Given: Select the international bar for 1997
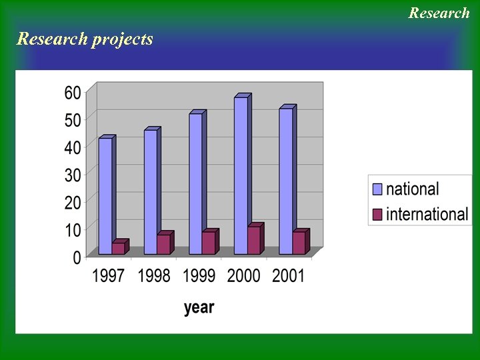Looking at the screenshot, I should click(118, 248).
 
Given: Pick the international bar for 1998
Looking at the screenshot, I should click(163, 244).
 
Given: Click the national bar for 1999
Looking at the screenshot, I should click(195, 183).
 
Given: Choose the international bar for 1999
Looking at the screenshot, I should click(209, 243).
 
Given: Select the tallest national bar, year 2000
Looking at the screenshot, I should click(241, 175).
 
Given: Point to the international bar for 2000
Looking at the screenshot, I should click(254, 240).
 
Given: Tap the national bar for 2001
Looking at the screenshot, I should click(285, 181).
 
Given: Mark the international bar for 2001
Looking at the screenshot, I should click(299, 243).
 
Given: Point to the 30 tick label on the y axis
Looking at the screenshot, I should click(73, 175).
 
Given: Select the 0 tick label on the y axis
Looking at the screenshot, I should click(77, 257).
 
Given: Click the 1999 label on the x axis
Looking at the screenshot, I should click(199, 275).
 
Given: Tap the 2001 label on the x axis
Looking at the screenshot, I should click(288, 275).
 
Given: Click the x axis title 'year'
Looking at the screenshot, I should click(199, 307).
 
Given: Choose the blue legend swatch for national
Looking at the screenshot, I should click(377, 189).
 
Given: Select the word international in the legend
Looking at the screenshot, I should click(427, 214).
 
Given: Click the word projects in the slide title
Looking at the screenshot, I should click(123, 39).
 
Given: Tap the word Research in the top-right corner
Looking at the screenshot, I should click(439, 13).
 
